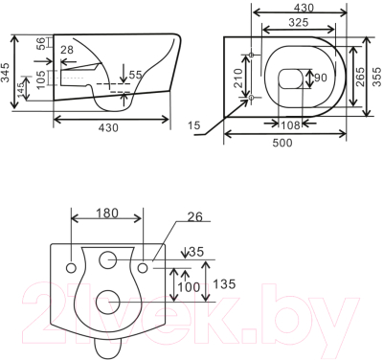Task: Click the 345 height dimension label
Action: coord(6,73)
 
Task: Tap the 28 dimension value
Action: coord(67,50)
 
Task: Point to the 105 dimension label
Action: coord(41,78)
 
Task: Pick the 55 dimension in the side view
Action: coord(135,75)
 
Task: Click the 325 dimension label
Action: coord(299,22)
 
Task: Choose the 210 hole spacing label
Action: coord(238,77)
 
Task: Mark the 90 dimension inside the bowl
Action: coord(321,78)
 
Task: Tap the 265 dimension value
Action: coord(360,77)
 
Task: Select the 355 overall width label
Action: coord(377,77)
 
